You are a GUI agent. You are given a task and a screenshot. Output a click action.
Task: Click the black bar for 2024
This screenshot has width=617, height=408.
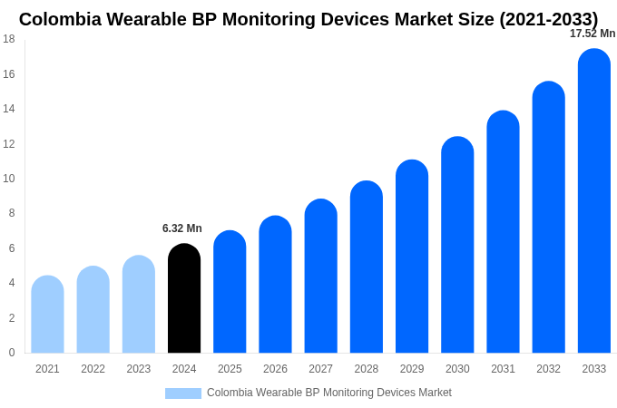tap(184, 298)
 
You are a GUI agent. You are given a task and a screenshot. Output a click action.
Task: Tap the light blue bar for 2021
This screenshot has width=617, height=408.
tap(47, 315)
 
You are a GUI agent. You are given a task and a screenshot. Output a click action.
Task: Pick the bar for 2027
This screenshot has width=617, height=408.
tap(320, 277)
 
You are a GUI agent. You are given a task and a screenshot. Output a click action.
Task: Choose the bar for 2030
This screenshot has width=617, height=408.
tap(457, 245)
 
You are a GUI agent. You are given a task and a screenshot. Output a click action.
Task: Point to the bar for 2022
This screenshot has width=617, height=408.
tap(93, 310)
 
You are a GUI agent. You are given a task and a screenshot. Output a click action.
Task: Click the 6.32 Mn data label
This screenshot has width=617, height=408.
tap(182, 228)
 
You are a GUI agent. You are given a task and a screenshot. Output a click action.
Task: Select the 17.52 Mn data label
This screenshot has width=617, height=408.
tap(592, 34)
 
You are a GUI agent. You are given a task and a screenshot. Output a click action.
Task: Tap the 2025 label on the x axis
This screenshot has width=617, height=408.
tap(230, 369)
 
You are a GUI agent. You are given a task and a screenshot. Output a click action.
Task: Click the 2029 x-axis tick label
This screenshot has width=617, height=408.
tap(412, 369)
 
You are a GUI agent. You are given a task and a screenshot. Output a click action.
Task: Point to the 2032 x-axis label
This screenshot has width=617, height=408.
tap(548, 369)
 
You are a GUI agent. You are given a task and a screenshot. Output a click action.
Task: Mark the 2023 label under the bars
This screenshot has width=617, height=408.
tap(139, 369)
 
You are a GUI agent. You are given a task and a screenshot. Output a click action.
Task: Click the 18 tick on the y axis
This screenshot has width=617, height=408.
tap(9, 39)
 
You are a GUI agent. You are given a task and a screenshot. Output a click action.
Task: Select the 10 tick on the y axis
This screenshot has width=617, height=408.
tap(9, 179)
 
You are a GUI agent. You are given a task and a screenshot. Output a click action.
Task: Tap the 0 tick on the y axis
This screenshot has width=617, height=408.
tap(12, 353)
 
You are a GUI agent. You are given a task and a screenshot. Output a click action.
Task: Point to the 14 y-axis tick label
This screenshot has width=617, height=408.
tap(9, 109)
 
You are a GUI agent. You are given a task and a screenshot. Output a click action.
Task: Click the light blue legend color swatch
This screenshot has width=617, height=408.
tap(183, 393)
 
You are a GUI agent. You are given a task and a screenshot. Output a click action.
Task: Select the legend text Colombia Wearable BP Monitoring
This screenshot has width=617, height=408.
tap(328, 393)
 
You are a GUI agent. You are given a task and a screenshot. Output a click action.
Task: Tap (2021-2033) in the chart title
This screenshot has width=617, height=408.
tap(548, 19)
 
